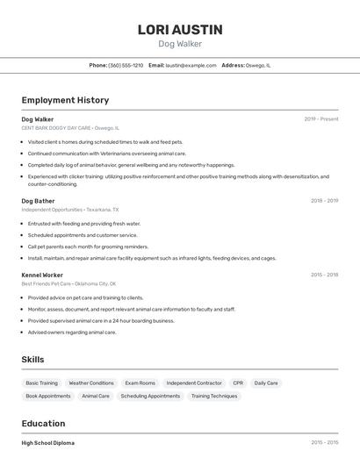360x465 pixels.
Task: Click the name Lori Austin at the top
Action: coord(179,30)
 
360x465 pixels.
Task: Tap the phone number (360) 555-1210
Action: coord(126,65)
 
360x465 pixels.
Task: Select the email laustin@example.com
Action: coord(191,65)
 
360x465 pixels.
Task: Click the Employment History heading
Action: coord(65,100)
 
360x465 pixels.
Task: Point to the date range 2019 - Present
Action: coord(321,118)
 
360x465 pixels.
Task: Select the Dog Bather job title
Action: coord(38,201)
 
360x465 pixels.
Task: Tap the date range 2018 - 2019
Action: coord(324,201)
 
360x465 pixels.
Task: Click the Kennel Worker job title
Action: coord(42,275)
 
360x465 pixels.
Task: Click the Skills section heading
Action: coord(32,360)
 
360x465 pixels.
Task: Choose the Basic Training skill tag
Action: coord(41,383)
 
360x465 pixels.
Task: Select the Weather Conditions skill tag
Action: coord(91,383)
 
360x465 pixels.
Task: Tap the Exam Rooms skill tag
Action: coord(140,383)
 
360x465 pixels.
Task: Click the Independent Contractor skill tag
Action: coord(194,383)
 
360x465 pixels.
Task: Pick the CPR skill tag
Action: coord(238,383)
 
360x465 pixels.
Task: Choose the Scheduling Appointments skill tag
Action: coord(150,397)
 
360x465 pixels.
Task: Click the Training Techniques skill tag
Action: coord(214,397)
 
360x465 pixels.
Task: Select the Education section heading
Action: coord(43,423)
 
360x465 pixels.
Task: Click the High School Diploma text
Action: coord(47,443)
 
